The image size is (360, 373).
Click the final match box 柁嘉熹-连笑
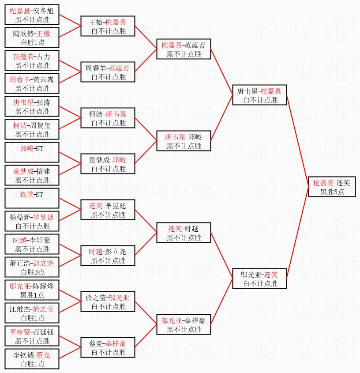pos(332,187)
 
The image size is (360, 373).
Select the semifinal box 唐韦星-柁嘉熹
pos(259,95)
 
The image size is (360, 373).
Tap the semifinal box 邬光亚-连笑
pos(259,279)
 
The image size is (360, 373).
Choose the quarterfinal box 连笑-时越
pos(184,233)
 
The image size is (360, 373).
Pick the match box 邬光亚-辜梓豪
pos(184,324)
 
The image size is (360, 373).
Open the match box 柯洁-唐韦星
pos(108,118)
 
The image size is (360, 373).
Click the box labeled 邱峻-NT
pos(32,152)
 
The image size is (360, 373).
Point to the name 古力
pos(43,57)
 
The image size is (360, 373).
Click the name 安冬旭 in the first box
pos(43,11)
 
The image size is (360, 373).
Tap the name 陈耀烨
pos(43,286)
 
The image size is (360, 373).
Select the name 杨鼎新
pos(20,217)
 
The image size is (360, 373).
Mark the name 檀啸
pos(43,171)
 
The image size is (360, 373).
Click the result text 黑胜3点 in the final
pos(332,192)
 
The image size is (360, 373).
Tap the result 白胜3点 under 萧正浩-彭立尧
pos(33,272)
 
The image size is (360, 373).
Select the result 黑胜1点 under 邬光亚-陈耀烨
pos(32,295)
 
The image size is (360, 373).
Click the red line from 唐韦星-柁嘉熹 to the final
pos(297,141)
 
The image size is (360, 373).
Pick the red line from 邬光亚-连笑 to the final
pos(297,233)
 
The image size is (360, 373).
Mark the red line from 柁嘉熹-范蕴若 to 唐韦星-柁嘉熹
pos(221,72)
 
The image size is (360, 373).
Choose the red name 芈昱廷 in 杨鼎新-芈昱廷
pos(43,217)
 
